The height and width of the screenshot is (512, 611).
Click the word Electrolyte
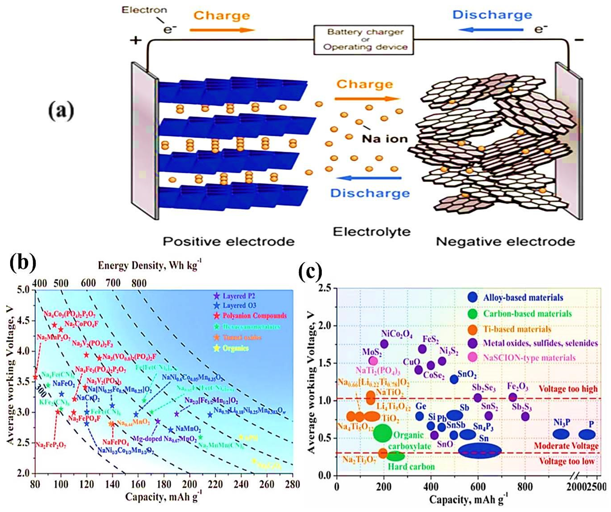[x=372, y=232]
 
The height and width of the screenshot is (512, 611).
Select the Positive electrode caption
[x=228, y=241]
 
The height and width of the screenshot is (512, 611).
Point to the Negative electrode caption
[x=505, y=241]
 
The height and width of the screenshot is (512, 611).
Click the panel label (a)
[x=61, y=111]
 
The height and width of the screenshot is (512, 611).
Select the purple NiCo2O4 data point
[x=384, y=344]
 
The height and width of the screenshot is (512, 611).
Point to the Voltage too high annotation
[x=568, y=389]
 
